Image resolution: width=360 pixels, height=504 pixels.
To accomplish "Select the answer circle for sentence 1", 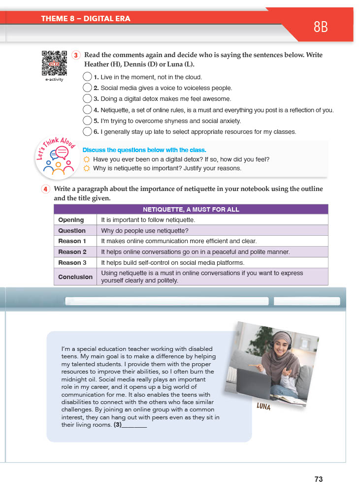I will pos(87,77).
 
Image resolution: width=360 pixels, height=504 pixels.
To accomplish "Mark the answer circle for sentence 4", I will pos(87,110).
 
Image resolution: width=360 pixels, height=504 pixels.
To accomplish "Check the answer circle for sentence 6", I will pos(87,131).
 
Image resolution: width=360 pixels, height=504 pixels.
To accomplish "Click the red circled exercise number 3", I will pos(76,55).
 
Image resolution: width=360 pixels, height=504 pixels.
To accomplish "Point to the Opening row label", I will pos(71,220).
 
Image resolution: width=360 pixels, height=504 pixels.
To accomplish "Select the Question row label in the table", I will pos(72,231).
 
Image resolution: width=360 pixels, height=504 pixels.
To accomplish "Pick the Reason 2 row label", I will pos(72,252).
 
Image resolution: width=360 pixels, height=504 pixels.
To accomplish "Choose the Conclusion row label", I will pos(75,277).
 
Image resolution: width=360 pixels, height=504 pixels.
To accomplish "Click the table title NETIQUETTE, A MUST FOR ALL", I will pos(191,209).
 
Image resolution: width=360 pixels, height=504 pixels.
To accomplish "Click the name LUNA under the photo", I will pos(264,407).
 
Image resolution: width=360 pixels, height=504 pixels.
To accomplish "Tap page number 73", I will pos(319,479).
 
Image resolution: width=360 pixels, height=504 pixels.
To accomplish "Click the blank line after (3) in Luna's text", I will pos(134,425).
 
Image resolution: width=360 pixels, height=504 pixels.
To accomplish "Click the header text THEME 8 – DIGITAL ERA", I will pos(86,19).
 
